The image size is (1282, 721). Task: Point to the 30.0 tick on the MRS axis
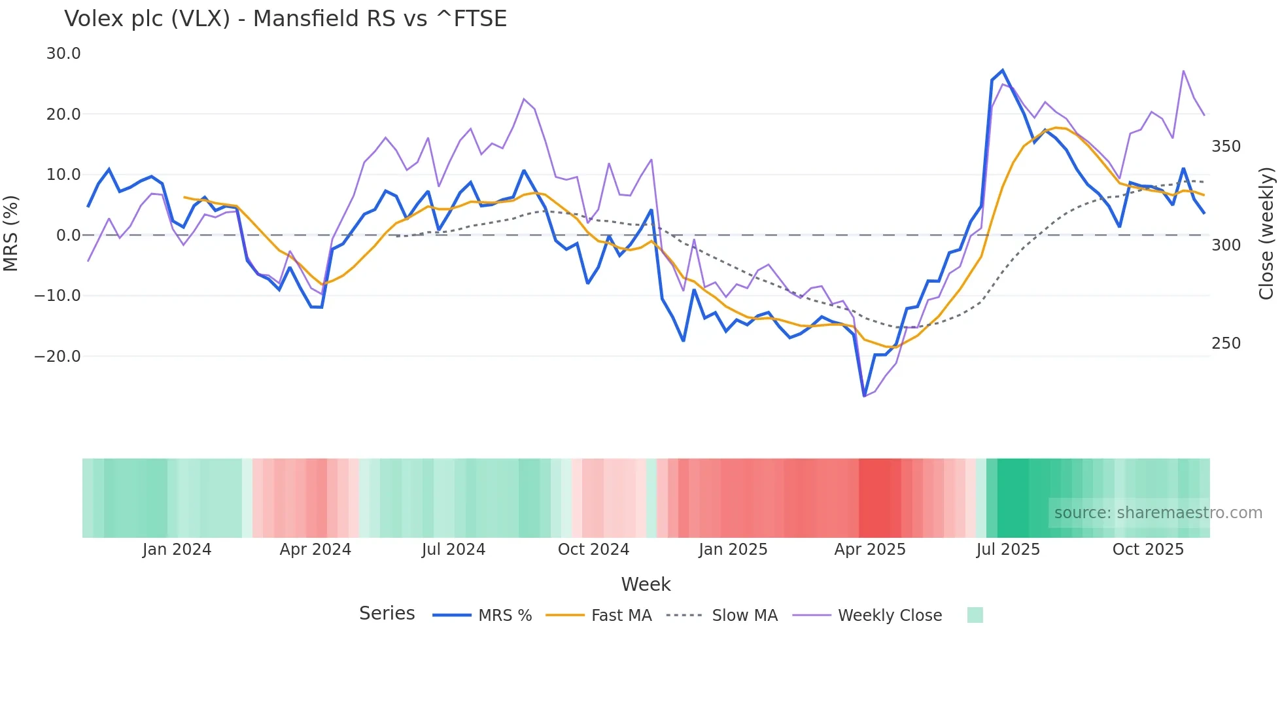pos(63,54)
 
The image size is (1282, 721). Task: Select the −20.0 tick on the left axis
pos(58,357)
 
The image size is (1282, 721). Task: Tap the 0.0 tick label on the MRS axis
pos(69,236)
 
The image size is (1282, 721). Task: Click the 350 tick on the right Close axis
pos(1226,147)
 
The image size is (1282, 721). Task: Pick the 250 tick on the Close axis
pos(1226,343)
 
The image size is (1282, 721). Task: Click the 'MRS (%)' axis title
pos(11,234)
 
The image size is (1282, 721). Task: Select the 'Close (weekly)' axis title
pos(1266,234)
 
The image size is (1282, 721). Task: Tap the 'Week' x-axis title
pos(646,584)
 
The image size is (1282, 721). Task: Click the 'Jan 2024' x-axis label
pos(177,550)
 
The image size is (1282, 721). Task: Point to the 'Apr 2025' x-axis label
pos(870,550)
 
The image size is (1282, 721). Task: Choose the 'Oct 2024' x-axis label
pos(593,550)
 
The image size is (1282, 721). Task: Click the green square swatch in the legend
pos(975,615)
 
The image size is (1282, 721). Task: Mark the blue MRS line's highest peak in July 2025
pos(1002,71)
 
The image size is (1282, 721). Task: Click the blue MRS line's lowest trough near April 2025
pos(864,396)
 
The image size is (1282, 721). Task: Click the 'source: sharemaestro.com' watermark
pos(1158,513)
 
